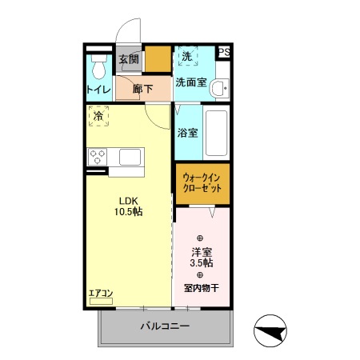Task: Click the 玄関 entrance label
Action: coord(128,59)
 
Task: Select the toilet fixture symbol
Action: coord(99,66)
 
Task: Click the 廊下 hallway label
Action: coord(143,90)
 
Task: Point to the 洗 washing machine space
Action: coord(186,58)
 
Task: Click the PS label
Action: coord(225,53)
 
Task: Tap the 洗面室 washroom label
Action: coord(192,82)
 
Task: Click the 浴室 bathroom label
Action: coord(188,133)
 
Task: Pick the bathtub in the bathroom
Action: coord(217,132)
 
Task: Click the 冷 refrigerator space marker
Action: coord(98,118)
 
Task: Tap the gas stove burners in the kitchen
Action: coord(98,156)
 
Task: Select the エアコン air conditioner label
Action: coord(101,293)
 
